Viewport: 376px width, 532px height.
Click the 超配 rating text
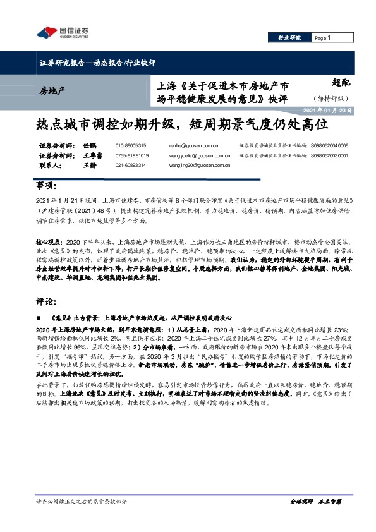click(340, 81)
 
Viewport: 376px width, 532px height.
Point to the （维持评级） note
click(336, 98)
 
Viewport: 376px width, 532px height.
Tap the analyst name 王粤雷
click(93, 155)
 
